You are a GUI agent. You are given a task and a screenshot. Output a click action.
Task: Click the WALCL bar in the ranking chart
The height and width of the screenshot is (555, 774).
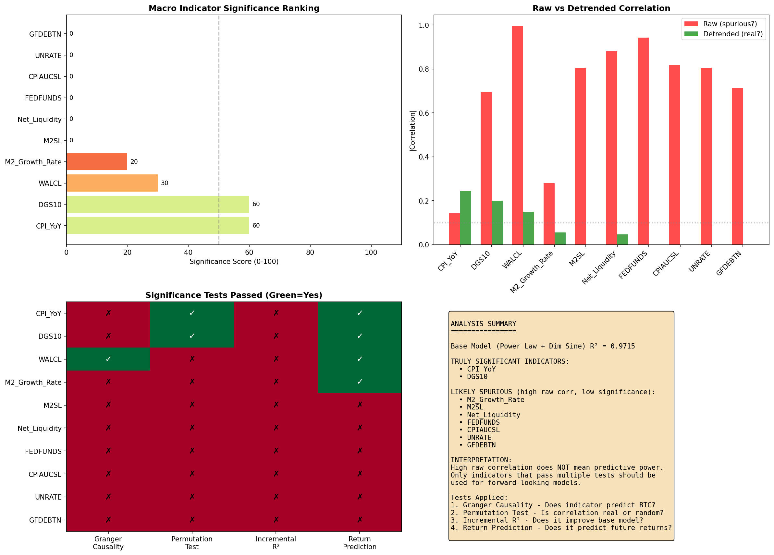tap(112, 183)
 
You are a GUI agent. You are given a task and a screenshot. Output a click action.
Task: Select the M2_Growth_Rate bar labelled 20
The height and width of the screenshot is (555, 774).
tap(97, 161)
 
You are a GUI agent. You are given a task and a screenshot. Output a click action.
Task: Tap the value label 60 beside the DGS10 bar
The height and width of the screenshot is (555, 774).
tap(256, 204)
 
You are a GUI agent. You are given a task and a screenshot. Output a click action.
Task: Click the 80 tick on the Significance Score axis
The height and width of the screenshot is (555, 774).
tap(310, 253)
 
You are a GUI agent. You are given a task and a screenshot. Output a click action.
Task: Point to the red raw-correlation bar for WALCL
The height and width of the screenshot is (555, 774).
tap(517, 136)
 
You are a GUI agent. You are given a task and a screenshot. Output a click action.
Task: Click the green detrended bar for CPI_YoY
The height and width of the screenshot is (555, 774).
tap(465, 218)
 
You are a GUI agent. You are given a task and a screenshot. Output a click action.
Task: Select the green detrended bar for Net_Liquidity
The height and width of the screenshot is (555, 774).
tap(622, 240)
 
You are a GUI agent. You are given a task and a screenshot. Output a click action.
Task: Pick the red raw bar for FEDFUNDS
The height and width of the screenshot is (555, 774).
tap(643, 141)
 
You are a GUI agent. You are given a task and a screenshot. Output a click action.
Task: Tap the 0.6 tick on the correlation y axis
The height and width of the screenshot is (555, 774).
tap(424, 113)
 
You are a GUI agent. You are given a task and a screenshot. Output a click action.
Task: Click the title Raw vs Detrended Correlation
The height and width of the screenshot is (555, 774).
tap(601, 8)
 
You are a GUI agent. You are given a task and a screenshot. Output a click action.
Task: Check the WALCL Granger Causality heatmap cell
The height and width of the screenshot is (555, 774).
tap(108, 359)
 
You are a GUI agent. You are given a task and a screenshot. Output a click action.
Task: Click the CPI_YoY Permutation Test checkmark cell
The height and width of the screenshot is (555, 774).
tap(192, 313)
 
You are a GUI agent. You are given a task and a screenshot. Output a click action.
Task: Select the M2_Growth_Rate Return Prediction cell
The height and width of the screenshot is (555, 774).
tap(359, 382)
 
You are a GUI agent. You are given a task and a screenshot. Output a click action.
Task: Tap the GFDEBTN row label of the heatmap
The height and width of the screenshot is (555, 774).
tap(45, 520)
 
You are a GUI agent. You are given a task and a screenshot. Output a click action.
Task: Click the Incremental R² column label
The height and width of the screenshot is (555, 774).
tap(276, 543)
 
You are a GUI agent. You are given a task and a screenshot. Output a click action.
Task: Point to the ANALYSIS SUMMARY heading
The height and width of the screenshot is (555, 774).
tap(483, 324)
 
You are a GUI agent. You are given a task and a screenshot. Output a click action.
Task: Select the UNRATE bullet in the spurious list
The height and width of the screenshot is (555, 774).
tap(479, 437)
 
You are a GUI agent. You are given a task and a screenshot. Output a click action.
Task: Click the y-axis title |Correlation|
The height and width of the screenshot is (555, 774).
tap(412, 131)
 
